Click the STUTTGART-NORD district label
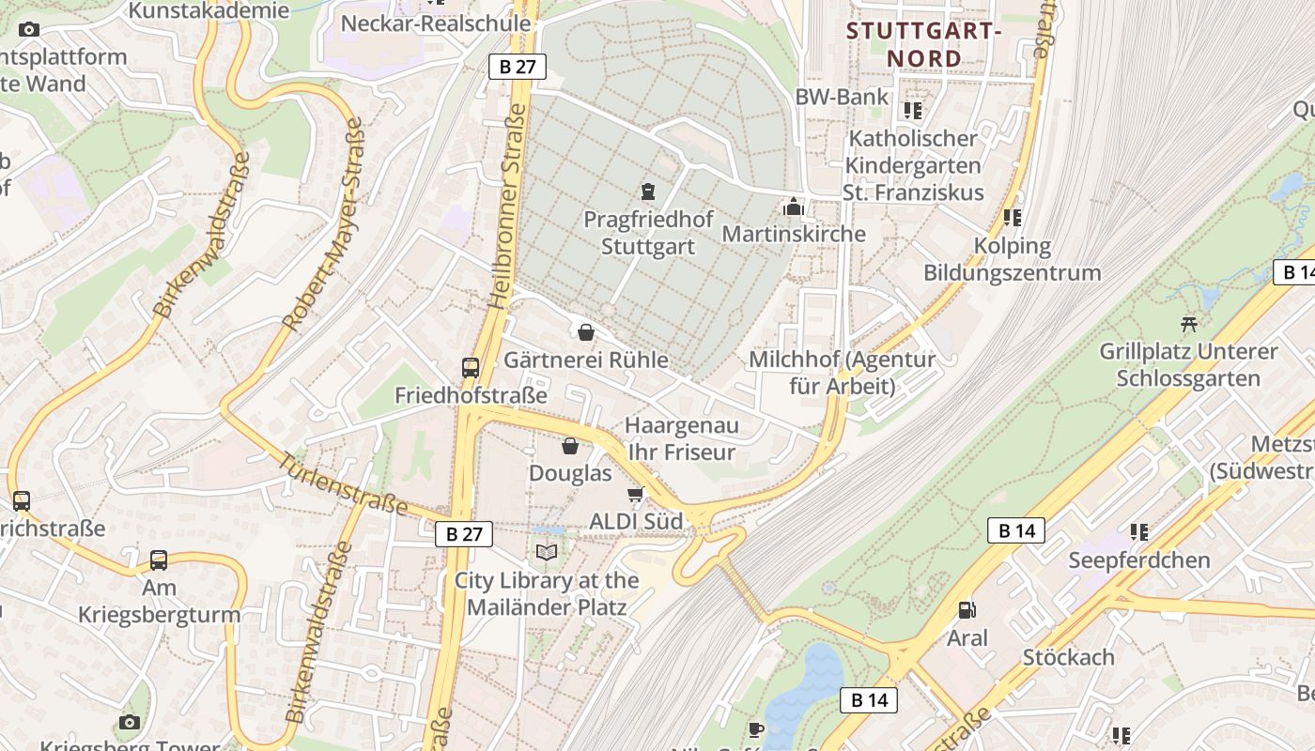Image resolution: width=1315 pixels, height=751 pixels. pos(924,44)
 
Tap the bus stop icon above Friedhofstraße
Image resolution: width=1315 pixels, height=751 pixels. pos(471,367)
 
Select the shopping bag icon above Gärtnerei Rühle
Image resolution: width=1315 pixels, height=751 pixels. pos(586,331)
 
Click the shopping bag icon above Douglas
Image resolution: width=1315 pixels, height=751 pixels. pos(569,445)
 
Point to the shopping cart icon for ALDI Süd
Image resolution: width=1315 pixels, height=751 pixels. pos(636,494)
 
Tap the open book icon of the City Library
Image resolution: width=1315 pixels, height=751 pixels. pos(547,552)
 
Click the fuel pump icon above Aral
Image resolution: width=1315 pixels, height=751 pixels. pos(967,610)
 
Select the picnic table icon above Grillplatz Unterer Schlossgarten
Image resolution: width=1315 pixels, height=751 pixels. pos(1189,324)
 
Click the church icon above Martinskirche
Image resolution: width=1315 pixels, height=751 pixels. pos(794,206)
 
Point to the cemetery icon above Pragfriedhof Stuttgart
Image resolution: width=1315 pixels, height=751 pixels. pos(647,192)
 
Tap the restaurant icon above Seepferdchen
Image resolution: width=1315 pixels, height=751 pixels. pos(1139,532)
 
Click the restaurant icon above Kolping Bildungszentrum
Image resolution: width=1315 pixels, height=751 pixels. pos(1012,218)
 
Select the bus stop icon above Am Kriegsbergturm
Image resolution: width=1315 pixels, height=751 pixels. pos(159,560)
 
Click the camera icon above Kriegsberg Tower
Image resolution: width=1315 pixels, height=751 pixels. pos(130,722)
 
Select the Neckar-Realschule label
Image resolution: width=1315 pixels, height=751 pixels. pos(436,23)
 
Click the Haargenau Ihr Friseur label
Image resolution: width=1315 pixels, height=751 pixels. pos(681,438)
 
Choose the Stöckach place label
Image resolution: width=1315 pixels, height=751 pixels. pos(1068,657)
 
